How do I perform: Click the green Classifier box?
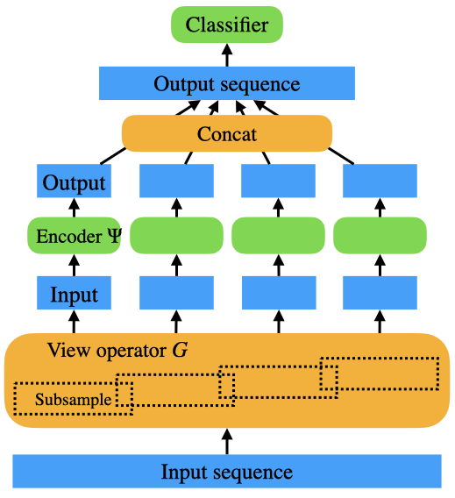[227, 25]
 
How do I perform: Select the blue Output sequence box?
[227, 83]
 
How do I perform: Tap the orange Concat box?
[227, 133]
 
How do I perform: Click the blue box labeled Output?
[74, 181]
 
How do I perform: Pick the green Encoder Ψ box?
[74, 235]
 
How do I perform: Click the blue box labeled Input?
[74, 293]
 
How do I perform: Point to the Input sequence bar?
[227, 471]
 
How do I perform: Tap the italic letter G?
[180, 351]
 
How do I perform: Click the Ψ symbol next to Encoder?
[114, 236]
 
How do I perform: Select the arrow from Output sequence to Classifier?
[227, 55]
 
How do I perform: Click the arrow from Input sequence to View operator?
[227, 441]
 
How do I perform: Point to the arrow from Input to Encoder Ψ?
[74, 265]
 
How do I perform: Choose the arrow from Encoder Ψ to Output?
[74, 208]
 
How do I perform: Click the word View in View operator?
[68, 350]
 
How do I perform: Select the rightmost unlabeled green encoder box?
[380, 235]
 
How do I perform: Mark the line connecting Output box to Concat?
[113, 156]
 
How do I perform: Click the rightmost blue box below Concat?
[380, 181]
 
